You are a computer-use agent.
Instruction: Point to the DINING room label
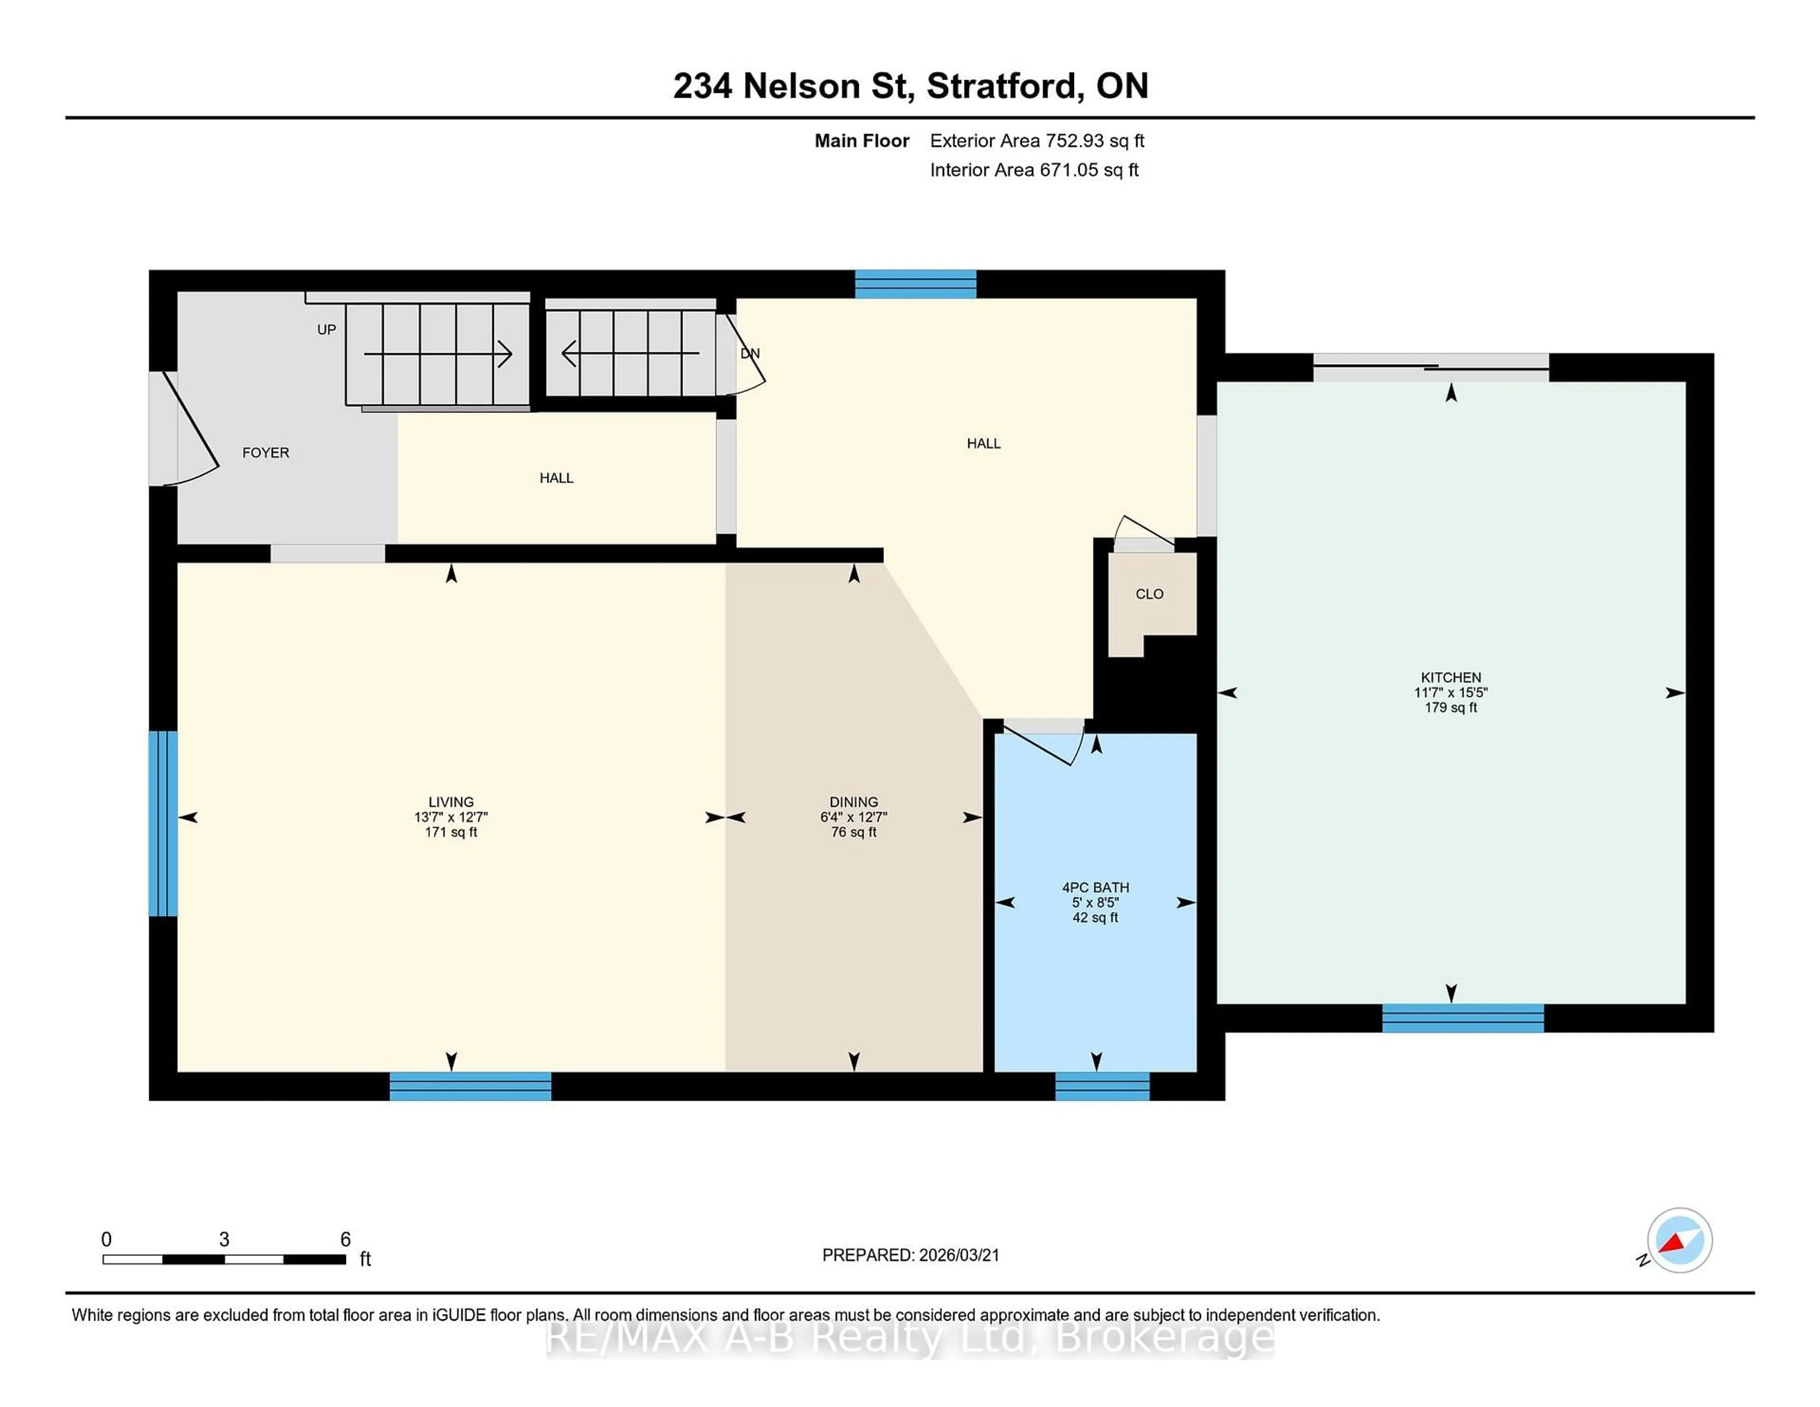[x=853, y=802]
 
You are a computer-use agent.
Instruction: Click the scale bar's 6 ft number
[x=345, y=1240]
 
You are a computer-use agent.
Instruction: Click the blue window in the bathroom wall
[x=1101, y=1086]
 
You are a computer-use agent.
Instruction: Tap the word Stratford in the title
[x=1005, y=86]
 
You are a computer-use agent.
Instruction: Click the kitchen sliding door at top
[x=1431, y=367]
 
